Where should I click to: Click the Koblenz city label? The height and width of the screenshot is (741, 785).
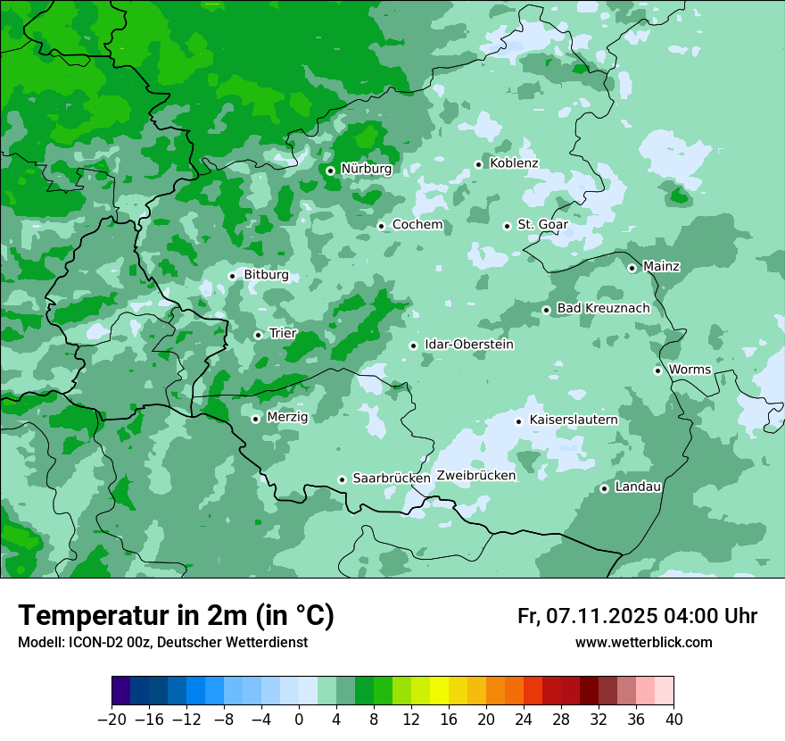(x=514, y=163)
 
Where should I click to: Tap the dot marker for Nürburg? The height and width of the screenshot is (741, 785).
(x=330, y=170)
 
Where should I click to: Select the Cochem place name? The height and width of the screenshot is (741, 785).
(x=417, y=225)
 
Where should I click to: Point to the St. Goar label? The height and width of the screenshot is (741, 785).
(x=542, y=225)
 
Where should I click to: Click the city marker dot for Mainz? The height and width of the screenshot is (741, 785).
(x=632, y=268)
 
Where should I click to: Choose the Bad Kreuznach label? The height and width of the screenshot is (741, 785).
(x=603, y=309)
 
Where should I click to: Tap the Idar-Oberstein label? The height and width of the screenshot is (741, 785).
(x=469, y=345)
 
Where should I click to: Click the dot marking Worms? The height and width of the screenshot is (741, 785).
(x=657, y=370)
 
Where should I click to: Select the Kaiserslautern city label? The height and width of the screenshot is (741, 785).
(x=573, y=420)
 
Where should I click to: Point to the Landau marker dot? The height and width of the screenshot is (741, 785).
(x=604, y=488)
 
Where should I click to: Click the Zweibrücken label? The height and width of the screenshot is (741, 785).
(x=475, y=476)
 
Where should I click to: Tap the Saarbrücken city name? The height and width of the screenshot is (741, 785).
(x=392, y=479)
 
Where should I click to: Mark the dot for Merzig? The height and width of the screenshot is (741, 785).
(x=255, y=419)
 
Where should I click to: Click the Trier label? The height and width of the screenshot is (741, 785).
(x=283, y=334)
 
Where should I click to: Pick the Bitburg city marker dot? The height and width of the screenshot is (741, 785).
(x=232, y=276)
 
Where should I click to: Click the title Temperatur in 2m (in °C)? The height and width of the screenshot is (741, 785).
(x=176, y=615)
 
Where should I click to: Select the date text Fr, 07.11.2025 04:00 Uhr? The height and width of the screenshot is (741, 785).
(x=637, y=616)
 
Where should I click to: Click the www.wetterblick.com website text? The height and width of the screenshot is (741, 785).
(x=643, y=643)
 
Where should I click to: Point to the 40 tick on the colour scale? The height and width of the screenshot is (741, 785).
(x=673, y=720)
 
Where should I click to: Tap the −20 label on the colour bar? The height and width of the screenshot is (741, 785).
(x=112, y=720)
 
